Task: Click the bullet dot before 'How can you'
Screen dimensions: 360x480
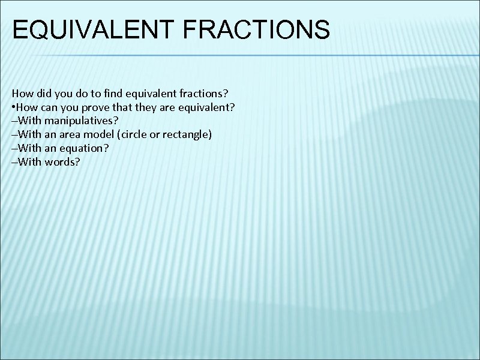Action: tap(13, 108)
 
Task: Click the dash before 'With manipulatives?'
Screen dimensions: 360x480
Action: tap(14, 121)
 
